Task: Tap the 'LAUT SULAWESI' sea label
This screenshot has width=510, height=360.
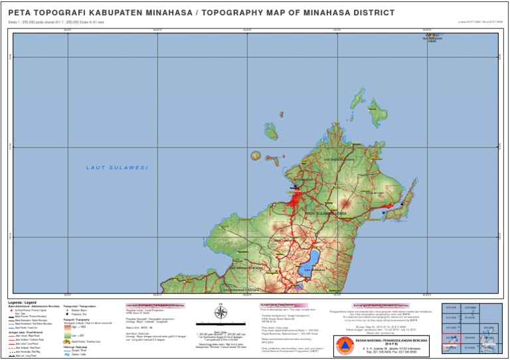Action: tap(117, 167)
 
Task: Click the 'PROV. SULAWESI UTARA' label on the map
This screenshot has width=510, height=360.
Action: tap(326, 213)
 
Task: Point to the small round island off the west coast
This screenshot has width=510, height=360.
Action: tap(256, 156)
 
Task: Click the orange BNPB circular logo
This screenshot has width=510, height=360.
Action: tap(343, 345)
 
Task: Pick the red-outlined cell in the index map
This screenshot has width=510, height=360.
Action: tap(452, 339)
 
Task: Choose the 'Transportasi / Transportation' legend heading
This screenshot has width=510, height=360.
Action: tap(79, 307)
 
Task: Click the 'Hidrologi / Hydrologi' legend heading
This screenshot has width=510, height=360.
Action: tap(75, 346)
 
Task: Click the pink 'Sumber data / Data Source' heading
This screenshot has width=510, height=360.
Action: tap(278, 305)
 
